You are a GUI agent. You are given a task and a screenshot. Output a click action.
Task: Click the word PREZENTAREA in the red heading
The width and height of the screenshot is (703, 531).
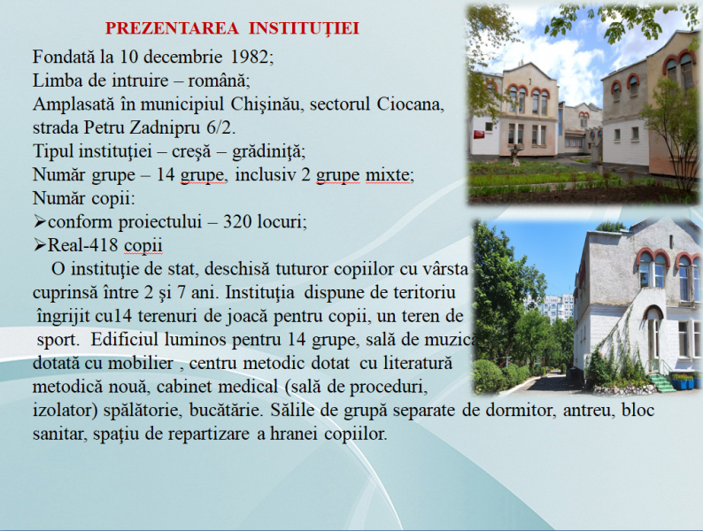pos(172,28)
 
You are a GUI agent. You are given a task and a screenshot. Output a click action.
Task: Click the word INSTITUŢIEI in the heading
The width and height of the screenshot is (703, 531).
pos(304,28)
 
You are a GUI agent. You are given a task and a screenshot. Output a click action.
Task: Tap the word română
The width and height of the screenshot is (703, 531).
pos(217,81)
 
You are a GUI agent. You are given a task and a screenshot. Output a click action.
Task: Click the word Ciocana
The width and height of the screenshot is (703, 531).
pos(409,104)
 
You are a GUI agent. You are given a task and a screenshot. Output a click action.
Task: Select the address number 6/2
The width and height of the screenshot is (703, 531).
pos(220,127)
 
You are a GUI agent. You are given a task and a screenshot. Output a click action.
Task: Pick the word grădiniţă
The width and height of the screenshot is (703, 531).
pos(267,151)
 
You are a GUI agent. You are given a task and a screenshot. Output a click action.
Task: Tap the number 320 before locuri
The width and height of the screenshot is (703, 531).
pos(238,222)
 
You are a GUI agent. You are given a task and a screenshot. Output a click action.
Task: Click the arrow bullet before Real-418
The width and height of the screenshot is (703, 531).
pos(40,245)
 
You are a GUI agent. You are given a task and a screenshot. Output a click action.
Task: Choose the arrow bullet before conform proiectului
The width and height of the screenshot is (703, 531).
pos(40,221)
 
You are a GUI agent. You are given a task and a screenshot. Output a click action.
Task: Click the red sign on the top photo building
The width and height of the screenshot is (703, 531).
pos(479,134)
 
